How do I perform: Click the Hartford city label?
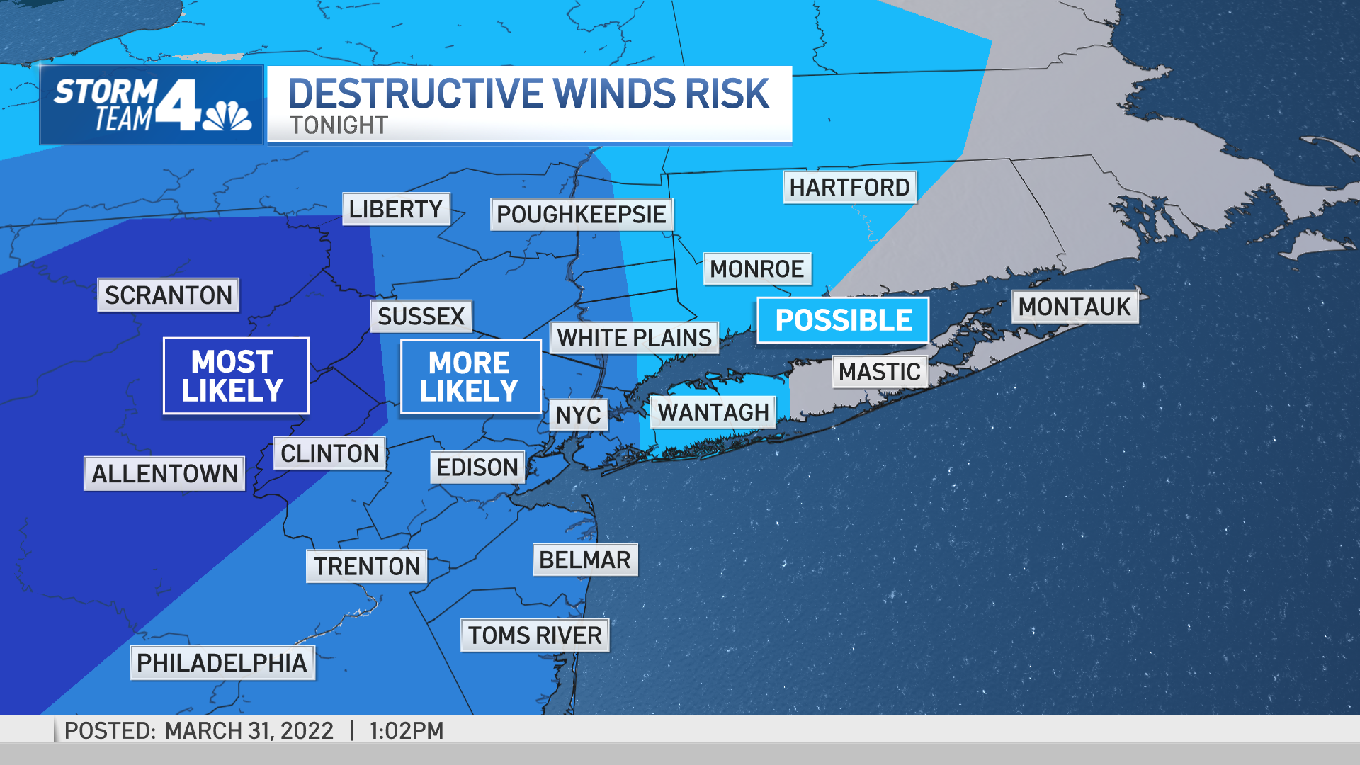pos(849,188)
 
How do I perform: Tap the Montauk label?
pos(1075,307)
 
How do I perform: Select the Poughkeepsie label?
pos(581,214)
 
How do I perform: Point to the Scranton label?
pos(169,295)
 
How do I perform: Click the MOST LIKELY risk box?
pos(236,375)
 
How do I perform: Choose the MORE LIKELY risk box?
pos(470,376)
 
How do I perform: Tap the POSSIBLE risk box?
pos(843,320)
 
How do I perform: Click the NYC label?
pos(578,415)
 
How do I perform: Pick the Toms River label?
pos(535,635)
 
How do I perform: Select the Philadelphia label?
pos(222,663)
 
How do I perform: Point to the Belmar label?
pos(585,560)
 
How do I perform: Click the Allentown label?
pos(164,473)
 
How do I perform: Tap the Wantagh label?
pos(713,412)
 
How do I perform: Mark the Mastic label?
pos(880,372)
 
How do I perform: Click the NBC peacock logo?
pos(227,117)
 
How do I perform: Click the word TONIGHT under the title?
pos(339,125)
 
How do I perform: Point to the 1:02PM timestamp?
pos(407,730)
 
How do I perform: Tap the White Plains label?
pos(634,338)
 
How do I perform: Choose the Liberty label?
pos(396,209)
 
